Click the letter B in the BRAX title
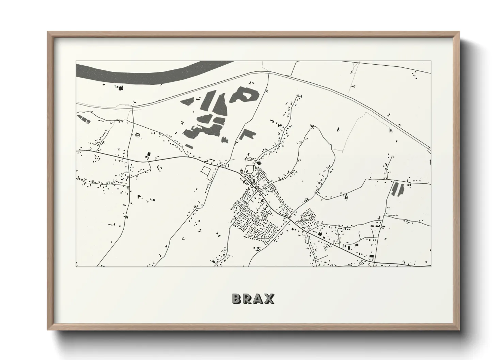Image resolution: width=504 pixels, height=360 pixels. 237,298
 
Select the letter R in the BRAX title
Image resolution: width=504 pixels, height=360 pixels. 248,298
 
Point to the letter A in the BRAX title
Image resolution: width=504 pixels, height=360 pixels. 258,298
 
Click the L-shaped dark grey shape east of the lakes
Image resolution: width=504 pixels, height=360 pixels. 246,135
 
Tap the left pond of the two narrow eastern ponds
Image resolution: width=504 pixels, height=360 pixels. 395,189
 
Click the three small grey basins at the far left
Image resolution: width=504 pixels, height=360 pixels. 83,119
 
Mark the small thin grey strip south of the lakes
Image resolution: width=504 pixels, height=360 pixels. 189,146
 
